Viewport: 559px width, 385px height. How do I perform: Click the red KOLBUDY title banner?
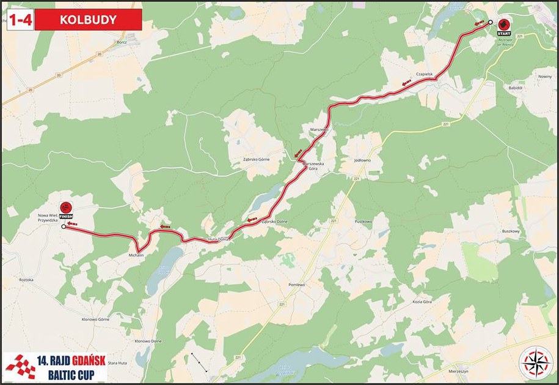[x=89, y=19]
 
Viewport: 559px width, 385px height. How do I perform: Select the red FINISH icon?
[x=67, y=210]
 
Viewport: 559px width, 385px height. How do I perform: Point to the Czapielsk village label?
[x=424, y=74]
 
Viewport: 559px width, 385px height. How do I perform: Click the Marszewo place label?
[x=320, y=130]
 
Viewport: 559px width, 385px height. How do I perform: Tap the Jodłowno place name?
[x=362, y=160]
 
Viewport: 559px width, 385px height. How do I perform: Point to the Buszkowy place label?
[x=510, y=231]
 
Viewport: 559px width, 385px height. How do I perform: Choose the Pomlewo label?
[x=296, y=285]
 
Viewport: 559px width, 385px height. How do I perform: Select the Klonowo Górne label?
[x=95, y=320]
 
